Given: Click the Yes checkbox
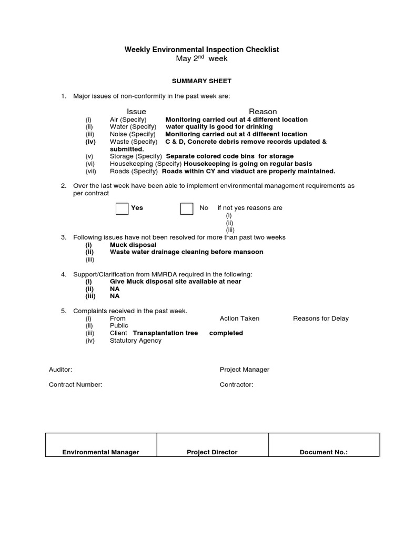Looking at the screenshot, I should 122,208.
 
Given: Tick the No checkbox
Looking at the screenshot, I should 187,208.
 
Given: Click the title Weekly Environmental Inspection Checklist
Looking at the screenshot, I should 201,49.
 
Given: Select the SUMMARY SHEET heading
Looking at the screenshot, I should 202,81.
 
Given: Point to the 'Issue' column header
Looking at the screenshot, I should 136,112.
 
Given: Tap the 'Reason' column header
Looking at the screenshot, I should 262,112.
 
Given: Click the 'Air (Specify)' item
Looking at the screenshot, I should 128,119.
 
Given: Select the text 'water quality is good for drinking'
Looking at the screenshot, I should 219,127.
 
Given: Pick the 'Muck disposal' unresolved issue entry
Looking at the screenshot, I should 133,245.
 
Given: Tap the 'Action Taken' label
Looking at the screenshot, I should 239,318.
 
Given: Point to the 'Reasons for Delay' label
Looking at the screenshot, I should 320,318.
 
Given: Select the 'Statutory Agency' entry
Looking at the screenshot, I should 136,341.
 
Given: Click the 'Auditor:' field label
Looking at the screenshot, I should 60,370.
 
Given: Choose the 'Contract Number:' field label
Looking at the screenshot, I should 76,385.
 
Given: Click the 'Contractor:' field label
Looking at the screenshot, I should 236,385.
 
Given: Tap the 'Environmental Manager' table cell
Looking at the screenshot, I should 100,452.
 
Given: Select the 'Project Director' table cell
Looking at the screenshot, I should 212,452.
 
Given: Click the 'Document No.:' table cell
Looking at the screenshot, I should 324,452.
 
